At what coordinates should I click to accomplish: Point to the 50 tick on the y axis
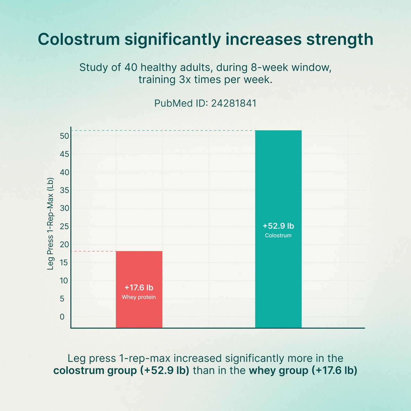65,136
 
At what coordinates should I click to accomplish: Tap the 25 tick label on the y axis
65,226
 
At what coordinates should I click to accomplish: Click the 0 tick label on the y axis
62,317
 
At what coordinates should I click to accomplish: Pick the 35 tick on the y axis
65,190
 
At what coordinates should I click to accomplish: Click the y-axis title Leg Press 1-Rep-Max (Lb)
50,224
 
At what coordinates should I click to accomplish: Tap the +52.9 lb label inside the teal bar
278,226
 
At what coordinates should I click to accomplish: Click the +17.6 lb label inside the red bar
139,287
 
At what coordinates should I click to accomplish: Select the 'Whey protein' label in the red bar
139,297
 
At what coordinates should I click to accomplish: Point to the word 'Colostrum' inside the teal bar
278,235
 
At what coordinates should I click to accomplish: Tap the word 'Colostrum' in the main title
79,39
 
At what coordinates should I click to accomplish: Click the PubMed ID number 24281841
234,103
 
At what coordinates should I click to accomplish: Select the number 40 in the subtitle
131,67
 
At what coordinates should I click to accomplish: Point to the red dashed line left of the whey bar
93,251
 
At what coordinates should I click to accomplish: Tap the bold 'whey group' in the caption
278,371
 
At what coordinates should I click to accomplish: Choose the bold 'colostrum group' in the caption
95,371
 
